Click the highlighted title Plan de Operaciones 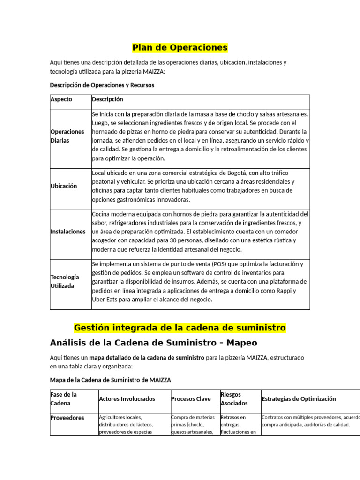180,47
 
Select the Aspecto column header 61,99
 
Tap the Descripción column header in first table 107,99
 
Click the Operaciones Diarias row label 67,136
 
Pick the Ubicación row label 63,186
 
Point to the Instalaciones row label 68,232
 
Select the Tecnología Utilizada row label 65,281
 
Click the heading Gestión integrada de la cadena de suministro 180,327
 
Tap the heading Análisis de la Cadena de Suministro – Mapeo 153,343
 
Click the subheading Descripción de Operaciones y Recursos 102,85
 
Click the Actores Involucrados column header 127,399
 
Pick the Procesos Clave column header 191,399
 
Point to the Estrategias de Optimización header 299,399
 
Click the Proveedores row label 67,418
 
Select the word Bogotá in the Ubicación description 244,172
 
